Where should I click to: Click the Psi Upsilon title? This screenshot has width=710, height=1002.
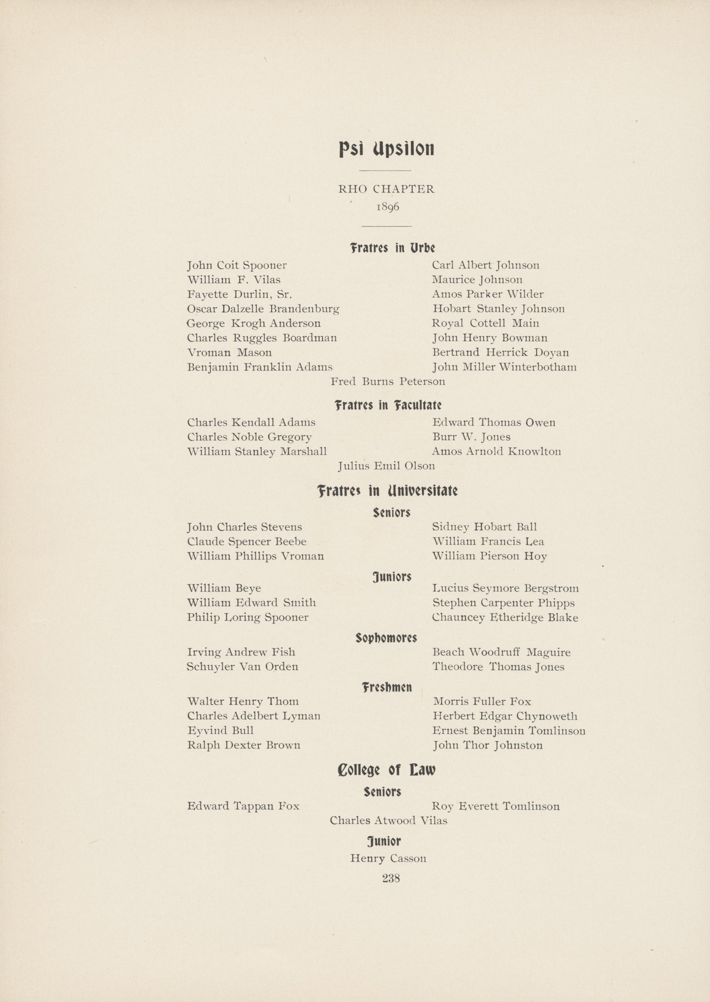coord(386,149)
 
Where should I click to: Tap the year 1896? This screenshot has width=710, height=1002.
coord(387,207)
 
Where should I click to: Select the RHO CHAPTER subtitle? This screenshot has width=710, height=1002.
coord(386,189)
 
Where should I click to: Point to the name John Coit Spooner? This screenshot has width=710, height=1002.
coord(237,266)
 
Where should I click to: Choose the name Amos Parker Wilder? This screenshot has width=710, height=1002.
coord(488,294)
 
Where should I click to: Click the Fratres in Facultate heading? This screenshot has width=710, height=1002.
coord(388,405)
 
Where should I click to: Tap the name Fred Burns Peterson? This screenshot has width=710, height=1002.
coord(388,382)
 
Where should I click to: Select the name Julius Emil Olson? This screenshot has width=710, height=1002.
coord(386,466)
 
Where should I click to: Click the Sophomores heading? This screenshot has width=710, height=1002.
coord(386,638)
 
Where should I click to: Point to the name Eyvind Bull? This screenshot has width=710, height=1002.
coord(220,731)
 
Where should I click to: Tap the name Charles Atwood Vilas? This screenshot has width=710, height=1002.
coord(388,821)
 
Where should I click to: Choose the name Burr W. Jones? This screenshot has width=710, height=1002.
coord(471,437)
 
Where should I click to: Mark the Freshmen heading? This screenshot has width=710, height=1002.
coord(387,688)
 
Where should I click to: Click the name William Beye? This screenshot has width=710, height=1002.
coord(224,588)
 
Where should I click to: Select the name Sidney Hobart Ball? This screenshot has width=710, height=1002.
coord(484,527)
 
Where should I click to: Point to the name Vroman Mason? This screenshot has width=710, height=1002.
coord(229,352)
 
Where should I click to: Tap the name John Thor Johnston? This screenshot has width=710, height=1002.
coord(488,745)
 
